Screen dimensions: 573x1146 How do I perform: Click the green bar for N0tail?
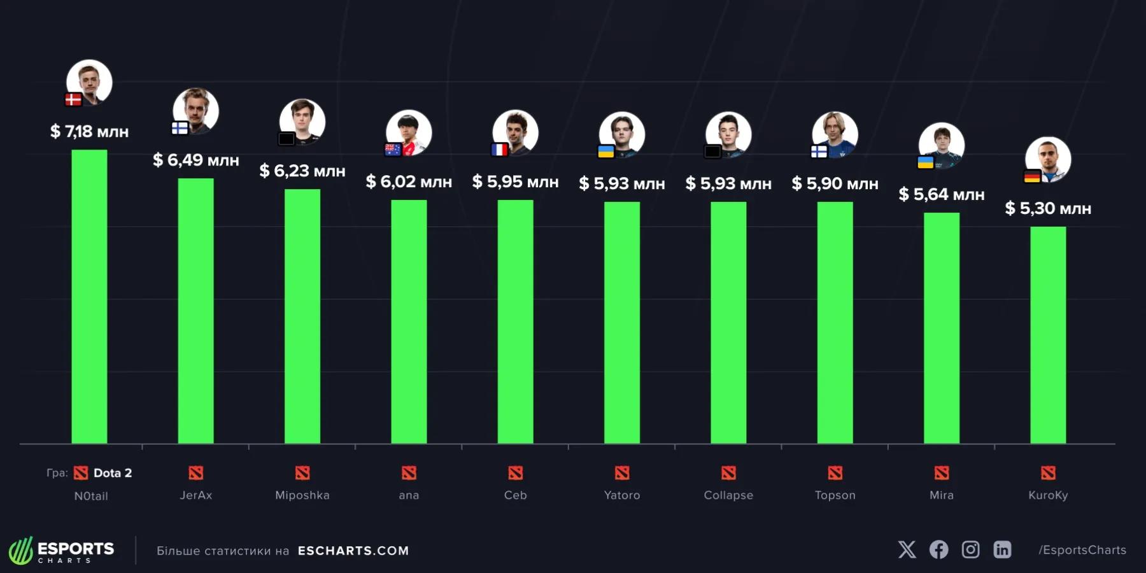point(89,296)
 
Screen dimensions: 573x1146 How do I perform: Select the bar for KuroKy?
point(1048,334)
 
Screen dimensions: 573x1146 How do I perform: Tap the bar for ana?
point(409,322)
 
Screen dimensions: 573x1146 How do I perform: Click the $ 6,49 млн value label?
point(196,160)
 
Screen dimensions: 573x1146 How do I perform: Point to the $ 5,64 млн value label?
point(941,194)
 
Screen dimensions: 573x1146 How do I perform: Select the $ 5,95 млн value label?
point(515,182)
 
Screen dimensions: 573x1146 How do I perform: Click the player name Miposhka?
point(302,495)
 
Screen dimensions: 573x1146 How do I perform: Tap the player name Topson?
point(835,495)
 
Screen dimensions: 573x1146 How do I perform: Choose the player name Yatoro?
point(622,495)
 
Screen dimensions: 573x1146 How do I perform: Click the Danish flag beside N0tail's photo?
point(73,99)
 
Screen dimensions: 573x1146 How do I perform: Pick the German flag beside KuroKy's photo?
point(1032,176)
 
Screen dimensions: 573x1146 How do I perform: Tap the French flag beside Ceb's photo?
point(500,150)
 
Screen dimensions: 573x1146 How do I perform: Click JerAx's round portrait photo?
point(197,110)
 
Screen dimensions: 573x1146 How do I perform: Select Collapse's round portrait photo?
point(729,134)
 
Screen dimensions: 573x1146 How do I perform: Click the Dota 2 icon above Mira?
point(942,473)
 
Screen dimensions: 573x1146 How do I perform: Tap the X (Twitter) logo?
point(907,549)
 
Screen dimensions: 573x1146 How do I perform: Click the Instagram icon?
point(970,549)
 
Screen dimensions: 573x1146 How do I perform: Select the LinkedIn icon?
point(1002,549)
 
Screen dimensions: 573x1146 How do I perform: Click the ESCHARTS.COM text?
point(353,551)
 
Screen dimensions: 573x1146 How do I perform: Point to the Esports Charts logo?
point(62,551)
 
